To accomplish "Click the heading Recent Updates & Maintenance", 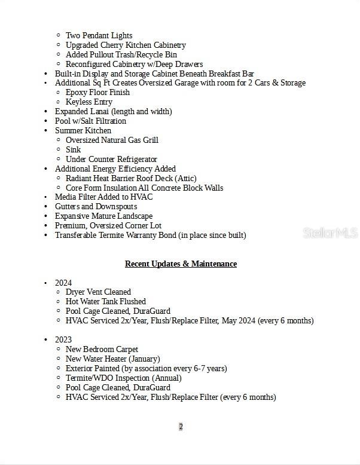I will point(181,264).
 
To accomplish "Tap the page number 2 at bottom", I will point(181,426).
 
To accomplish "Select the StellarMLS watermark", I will point(330,233).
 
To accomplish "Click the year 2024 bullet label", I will point(63,283).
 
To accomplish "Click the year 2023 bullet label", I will point(63,339).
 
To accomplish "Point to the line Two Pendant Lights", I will point(99,35).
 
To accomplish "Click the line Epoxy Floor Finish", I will point(97,92).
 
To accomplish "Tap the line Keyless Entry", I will point(89,102).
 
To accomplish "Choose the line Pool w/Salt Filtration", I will point(90,121).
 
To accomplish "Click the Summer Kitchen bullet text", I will point(83,130).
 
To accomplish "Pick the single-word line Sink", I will point(73,149).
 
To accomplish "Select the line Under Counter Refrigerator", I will point(111,159).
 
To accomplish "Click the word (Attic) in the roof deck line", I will point(185,178).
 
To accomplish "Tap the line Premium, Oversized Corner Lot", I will point(108,225).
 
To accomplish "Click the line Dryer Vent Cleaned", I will point(98,292).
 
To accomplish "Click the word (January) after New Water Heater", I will point(144,359).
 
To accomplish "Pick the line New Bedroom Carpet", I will point(102,349).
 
